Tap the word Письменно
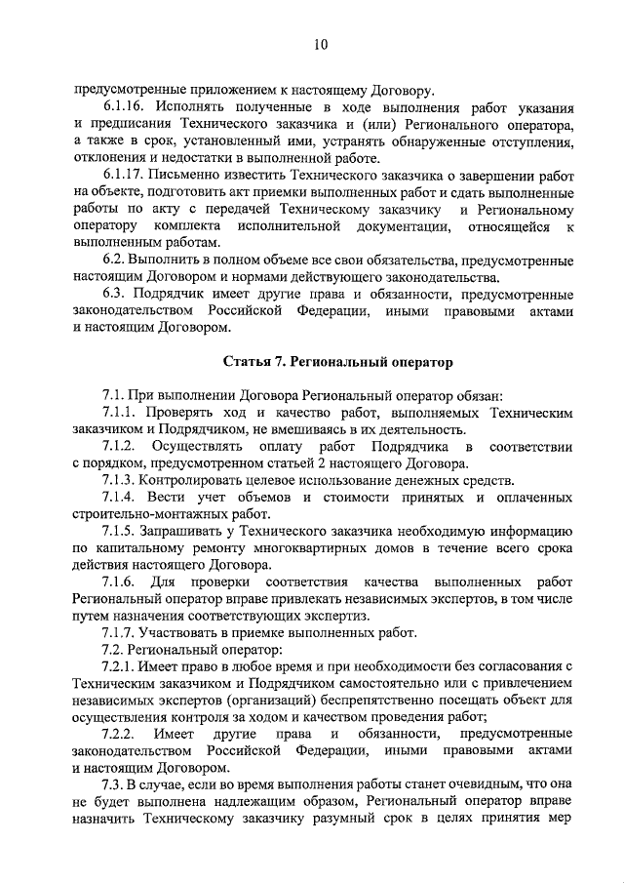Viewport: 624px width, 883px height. [188, 175]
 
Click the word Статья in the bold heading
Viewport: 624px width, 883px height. [250, 361]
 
